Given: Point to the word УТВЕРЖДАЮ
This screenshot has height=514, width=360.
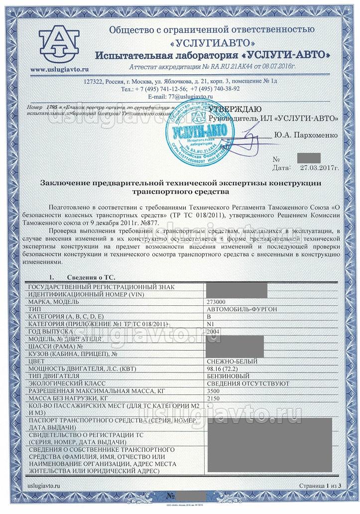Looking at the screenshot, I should coord(234,109).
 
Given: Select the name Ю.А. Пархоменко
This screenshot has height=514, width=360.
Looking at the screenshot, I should coord(306,134).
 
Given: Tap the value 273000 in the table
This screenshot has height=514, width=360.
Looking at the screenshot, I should coord(216,302).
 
